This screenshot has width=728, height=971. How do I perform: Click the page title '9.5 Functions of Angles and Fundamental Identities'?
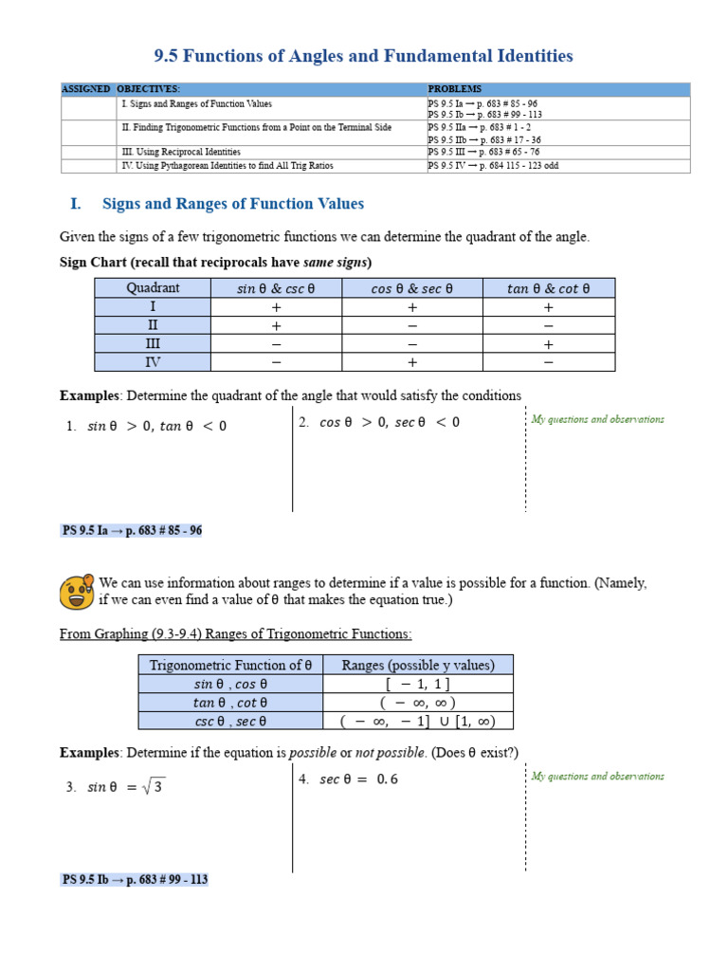pos(363,56)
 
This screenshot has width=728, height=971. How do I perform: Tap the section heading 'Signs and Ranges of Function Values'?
pos(232,204)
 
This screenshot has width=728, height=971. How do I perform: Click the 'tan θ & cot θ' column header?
pos(548,288)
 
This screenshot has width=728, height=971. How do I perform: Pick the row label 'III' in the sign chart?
pos(153,343)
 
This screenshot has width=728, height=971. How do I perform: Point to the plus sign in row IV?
pos(412,362)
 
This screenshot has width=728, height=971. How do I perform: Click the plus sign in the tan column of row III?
pos(548,344)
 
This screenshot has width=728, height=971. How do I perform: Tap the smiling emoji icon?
pos(77,593)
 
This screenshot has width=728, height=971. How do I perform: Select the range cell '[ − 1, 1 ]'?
pos(418,684)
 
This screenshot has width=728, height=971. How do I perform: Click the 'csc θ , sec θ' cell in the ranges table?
pos(230,721)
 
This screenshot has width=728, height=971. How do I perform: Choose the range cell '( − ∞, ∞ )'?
pos(418,703)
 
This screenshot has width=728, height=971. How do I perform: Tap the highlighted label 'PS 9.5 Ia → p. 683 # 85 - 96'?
pos(132,531)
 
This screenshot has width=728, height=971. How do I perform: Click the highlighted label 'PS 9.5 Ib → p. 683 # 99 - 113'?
pos(135,880)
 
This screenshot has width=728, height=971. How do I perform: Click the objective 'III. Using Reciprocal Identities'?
pos(181,152)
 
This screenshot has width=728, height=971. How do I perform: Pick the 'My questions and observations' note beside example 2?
pos(597,419)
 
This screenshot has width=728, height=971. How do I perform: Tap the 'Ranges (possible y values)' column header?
pos(418,665)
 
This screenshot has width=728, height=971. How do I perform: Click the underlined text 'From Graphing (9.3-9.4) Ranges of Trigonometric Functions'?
pos(236,633)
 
